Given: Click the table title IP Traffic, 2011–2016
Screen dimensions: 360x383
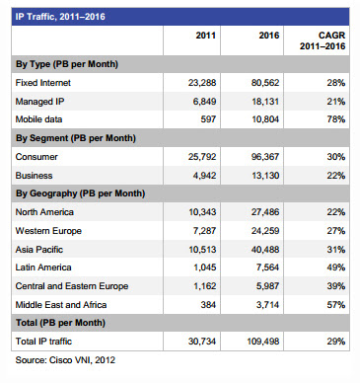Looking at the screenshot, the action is click(x=60, y=17).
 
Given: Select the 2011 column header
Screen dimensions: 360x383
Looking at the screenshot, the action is click(x=206, y=36).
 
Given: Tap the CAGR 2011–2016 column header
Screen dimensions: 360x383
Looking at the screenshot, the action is click(x=323, y=40).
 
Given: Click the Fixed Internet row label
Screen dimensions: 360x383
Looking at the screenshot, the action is click(x=43, y=83).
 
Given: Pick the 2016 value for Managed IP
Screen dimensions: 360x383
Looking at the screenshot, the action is click(x=265, y=102).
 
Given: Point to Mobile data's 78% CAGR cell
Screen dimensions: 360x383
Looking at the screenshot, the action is click(x=336, y=119).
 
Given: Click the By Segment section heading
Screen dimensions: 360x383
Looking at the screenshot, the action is click(x=76, y=138).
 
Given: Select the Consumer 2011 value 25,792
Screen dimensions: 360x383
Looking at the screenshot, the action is click(x=202, y=157).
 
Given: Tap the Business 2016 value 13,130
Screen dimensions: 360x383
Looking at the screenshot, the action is click(x=265, y=176).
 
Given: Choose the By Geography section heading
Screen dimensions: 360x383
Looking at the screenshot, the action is click(x=80, y=193).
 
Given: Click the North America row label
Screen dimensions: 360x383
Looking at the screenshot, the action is click(x=44, y=212).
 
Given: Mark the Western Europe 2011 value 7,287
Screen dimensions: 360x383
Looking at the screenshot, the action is click(x=204, y=231).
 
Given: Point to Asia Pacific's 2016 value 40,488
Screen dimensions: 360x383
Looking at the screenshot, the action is click(x=265, y=250).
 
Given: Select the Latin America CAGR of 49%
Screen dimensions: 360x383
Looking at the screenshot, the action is click(x=336, y=268).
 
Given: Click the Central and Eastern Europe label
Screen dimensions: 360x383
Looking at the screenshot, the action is click(x=72, y=286).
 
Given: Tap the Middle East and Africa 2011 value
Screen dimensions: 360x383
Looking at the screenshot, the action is click(x=208, y=305).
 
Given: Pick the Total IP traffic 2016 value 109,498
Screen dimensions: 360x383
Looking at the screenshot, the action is click(x=263, y=342).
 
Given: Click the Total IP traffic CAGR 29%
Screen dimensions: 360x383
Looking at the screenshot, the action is click(x=336, y=342).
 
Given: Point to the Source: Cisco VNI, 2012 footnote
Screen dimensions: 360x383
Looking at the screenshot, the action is click(x=65, y=360).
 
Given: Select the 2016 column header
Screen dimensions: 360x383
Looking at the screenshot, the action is click(x=269, y=36).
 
